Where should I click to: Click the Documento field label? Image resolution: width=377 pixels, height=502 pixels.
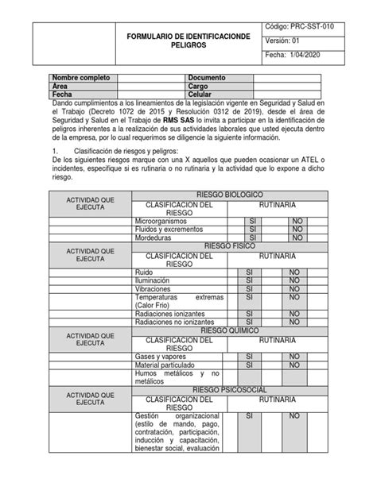click(207, 78)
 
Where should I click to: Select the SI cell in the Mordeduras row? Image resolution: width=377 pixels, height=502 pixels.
click(251, 237)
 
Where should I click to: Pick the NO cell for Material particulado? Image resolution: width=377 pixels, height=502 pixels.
click(294, 364)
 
